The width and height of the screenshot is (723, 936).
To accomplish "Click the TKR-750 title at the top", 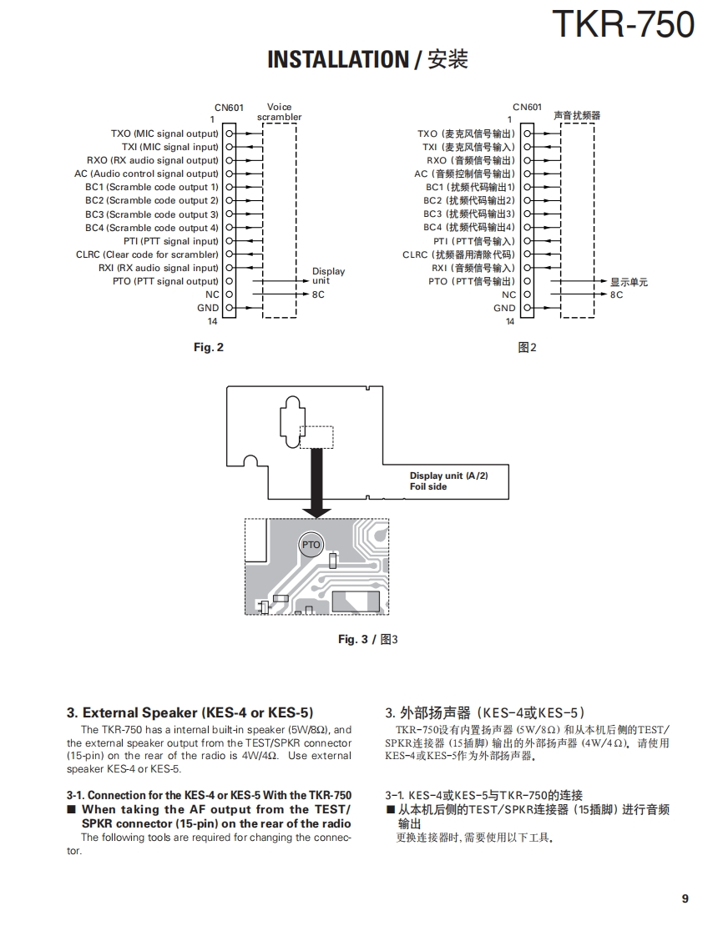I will click(623, 24).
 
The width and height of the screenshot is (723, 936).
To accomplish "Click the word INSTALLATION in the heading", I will click(336, 60).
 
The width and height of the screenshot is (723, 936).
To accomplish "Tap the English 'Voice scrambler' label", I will click(280, 112).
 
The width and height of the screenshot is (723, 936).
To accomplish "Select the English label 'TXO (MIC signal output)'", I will click(164, 133).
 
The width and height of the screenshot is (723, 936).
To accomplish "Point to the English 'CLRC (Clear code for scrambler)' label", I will click(147, 254).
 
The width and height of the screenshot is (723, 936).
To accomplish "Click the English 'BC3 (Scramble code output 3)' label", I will click(152, 214).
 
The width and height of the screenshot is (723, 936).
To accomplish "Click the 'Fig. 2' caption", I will click(209, 347).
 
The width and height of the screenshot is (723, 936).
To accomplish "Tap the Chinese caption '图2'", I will click(527, 347).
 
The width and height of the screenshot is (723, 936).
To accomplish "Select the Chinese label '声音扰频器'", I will click(577, 115).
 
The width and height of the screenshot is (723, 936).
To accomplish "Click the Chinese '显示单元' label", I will click(629, 282).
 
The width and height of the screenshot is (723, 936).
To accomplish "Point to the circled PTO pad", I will click(311, 545).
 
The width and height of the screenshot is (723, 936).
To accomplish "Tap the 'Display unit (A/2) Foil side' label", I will click(448, 481).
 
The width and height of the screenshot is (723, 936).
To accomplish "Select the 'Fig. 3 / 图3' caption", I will click(367, 639).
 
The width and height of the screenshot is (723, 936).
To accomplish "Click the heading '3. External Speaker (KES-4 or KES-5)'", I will click(190, 712).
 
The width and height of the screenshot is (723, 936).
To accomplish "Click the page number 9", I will click(685, 898).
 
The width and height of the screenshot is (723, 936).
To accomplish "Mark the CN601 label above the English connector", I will click(229, 108).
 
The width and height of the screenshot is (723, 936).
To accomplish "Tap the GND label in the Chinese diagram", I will click(504, 308).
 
